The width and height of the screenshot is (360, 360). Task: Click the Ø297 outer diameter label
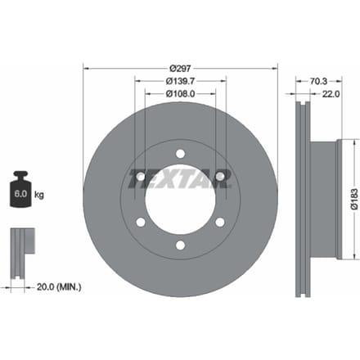tap(180, 68)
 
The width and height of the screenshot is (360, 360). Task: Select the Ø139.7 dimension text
tap(180, 81)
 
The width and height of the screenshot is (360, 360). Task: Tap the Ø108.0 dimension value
tap(180, 94)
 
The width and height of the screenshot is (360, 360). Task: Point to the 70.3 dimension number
tap(318, 81)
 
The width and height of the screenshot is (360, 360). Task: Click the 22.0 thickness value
tap(331, 94)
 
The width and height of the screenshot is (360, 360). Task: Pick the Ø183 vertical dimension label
tap(354, 199)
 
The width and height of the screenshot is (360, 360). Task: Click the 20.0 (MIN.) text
tap(59, 287)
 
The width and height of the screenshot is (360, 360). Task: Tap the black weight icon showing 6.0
tap(20, 189)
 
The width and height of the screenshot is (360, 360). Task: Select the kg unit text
tap(39, 195)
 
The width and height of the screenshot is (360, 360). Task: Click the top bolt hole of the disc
tap(180, 154)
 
